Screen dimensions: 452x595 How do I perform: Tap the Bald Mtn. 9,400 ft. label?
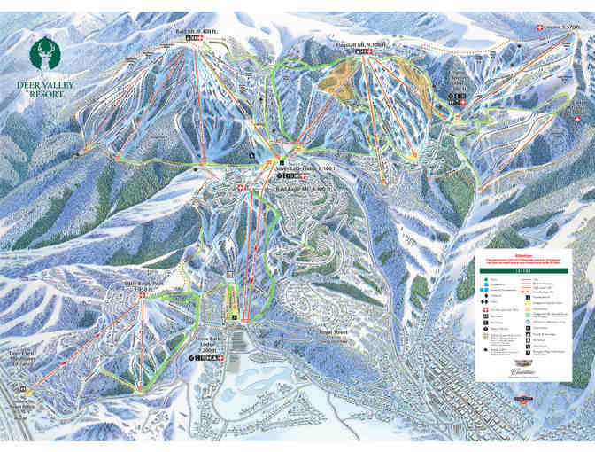188,31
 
